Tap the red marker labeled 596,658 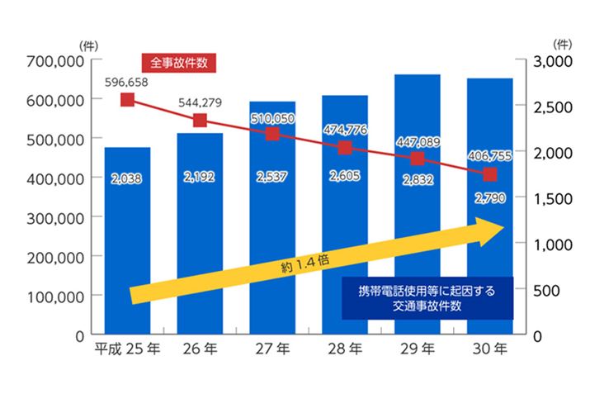point(127,100)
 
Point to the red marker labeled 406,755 point(490,174)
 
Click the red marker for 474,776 point(345,148)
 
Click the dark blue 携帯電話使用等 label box point(427,298)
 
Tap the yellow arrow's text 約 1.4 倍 point(304,263)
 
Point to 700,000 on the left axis point(55,61)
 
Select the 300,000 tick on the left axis point(55,218)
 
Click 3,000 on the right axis point(549,61)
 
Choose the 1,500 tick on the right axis point(549,199)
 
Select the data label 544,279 point(201,105)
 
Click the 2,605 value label point(345,176)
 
